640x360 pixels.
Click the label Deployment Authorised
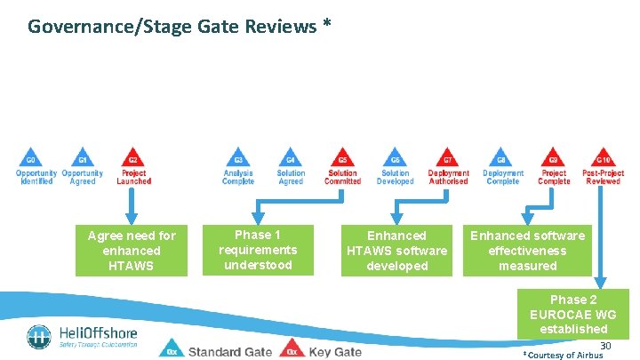[x=448, y=177]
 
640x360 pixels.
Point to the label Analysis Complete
[x=238, y=177]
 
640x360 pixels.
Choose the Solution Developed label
[x=395, y=177]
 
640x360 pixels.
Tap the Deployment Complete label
[x=503, y=177]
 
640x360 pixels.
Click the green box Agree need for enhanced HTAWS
[x=132, y=250]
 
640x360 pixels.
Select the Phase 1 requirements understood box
[x=258, y=250]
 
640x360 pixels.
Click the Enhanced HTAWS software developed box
[x=396, y=250]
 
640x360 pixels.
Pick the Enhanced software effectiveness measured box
[x=527, y=250]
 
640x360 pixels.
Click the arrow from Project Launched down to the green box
[x=133, y=205]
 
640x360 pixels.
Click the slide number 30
[x=605, y=345]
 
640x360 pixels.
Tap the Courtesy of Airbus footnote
[x=564, y=355]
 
